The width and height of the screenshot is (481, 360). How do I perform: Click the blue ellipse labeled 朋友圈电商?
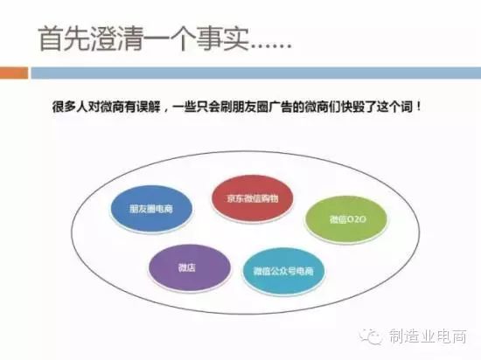pos(151,209)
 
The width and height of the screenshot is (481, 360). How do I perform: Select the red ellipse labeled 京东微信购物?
pos(252,198)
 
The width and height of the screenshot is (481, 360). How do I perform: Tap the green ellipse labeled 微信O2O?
pos(346,219)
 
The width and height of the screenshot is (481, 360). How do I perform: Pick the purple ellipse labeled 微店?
pos(189,267)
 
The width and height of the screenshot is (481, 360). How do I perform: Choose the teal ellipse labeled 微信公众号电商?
pos(283,271)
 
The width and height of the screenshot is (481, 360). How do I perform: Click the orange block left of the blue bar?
pos(14,73)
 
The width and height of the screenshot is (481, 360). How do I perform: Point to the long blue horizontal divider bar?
pos(256,73)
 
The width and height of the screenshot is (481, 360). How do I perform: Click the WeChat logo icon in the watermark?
pos(371,336)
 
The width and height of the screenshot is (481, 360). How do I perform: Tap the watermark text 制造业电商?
pos(429,336)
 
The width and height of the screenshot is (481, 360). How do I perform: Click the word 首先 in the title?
pos(65,39)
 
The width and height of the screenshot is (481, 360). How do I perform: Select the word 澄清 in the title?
pos(116,39)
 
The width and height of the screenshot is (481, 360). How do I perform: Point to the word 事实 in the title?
pos(222,39)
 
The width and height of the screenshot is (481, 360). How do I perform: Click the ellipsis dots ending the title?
pos(270,47)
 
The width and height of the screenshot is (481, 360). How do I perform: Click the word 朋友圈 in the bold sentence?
pos(250,107)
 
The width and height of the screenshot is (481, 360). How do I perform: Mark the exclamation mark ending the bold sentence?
pos(418,107)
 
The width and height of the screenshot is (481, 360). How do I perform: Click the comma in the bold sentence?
pos(166,110)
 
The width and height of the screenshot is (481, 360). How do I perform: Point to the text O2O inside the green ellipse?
pos(357,219)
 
